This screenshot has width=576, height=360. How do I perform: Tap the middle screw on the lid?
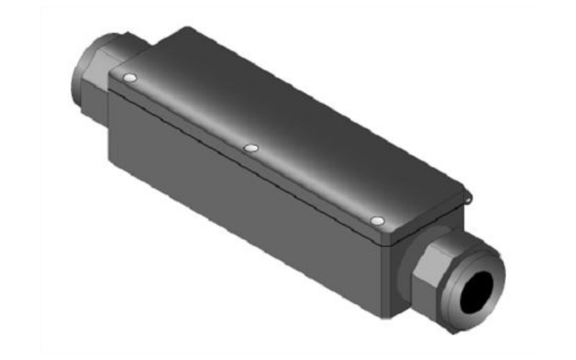(251, 148)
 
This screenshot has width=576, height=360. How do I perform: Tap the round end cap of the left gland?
(81, 68)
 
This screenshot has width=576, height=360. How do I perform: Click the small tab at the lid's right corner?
(469, 193)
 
